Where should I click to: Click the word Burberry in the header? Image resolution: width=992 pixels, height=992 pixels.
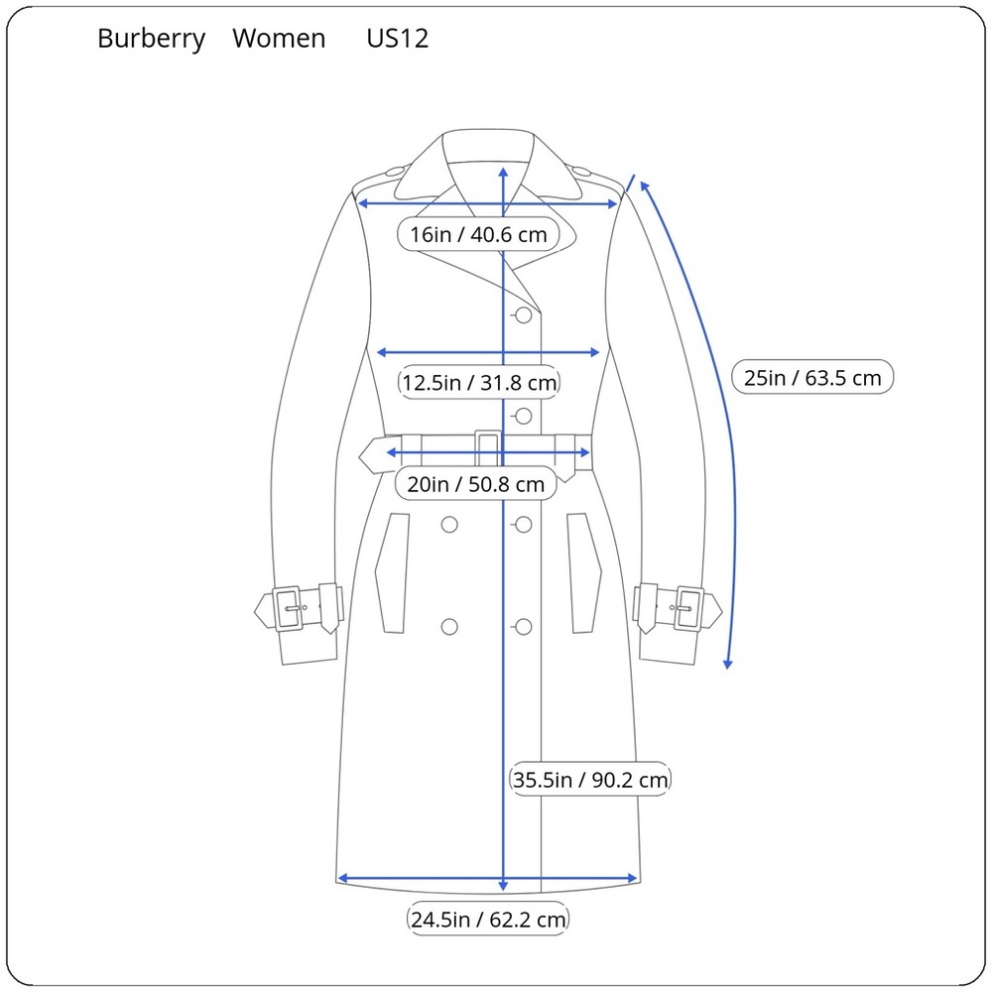coord(151,40)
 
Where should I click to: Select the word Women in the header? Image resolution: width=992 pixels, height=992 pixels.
coord(279,39)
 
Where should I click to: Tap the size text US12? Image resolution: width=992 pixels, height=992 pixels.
coord(398,39)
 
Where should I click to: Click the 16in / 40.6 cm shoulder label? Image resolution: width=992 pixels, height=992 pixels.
coord(478,235)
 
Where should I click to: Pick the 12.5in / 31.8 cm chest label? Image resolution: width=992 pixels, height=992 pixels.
coord(479,383)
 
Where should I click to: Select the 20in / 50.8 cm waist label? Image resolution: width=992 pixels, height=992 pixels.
coord(476,485)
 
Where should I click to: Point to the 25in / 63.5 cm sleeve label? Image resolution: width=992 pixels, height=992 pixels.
coord(812,378)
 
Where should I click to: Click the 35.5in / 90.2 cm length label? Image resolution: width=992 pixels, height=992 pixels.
coord(589,780)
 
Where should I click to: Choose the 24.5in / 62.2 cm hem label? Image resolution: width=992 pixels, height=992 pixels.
coord(488,920)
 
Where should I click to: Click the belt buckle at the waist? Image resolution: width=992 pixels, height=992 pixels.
coord(488,449)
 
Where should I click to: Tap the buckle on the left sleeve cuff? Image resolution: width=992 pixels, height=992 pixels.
coord(288,609)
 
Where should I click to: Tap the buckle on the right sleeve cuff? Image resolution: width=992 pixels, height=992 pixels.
coord(688,609)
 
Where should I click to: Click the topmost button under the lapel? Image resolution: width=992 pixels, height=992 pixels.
coord(523,315)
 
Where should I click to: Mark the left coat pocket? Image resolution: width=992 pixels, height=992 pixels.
coord(392,573)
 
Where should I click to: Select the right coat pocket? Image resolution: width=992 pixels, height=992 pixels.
coord(584,573)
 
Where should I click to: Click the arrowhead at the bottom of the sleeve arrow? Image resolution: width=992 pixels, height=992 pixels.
coord(727,664)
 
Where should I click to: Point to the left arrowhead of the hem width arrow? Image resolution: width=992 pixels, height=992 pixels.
coord(343,878)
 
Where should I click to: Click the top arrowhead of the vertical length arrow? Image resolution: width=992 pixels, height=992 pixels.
coord(503,172)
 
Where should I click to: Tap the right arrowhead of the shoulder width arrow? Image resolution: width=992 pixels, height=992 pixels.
coord(612,203)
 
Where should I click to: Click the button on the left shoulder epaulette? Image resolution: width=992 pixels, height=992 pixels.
coord(395,171)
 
